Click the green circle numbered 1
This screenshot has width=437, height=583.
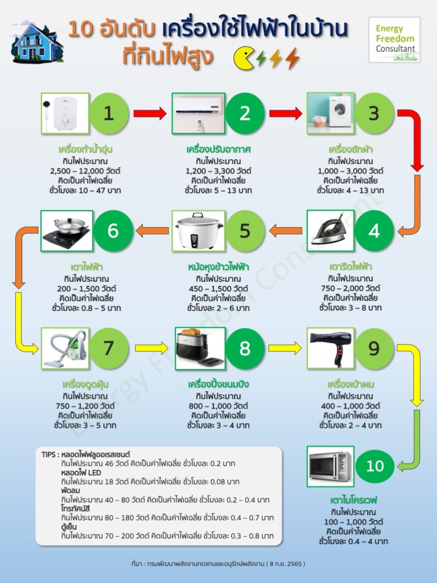click(108, 113)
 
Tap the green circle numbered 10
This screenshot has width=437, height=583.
click(375, 466)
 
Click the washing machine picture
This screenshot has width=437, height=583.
click(331, 113)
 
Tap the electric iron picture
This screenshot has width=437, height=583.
click(331, 231)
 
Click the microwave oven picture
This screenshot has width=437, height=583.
click(331, 466)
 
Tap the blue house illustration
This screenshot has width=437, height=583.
click(38, 42)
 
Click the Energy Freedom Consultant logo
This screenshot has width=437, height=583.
click(394, 40)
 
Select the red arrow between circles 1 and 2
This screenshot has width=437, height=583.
click(150, 113)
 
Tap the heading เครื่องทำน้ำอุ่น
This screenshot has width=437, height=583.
click(85, 150)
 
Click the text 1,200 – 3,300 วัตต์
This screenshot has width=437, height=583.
click(218, 170)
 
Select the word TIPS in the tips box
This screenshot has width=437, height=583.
click(49, 455)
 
